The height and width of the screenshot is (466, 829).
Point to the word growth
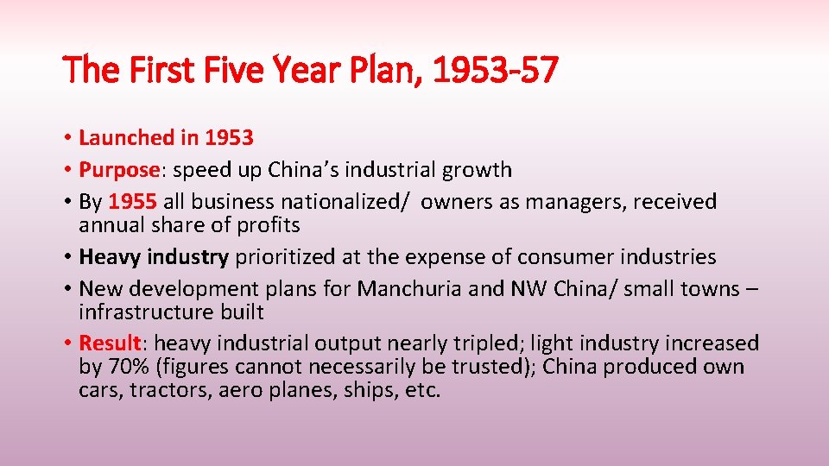[479, 170]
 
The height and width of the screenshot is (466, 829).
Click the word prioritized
[290, 257]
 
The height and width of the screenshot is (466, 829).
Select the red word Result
[110, 343]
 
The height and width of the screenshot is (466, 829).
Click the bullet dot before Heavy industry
[67, 257]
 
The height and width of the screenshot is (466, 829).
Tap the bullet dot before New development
[67, 289]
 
